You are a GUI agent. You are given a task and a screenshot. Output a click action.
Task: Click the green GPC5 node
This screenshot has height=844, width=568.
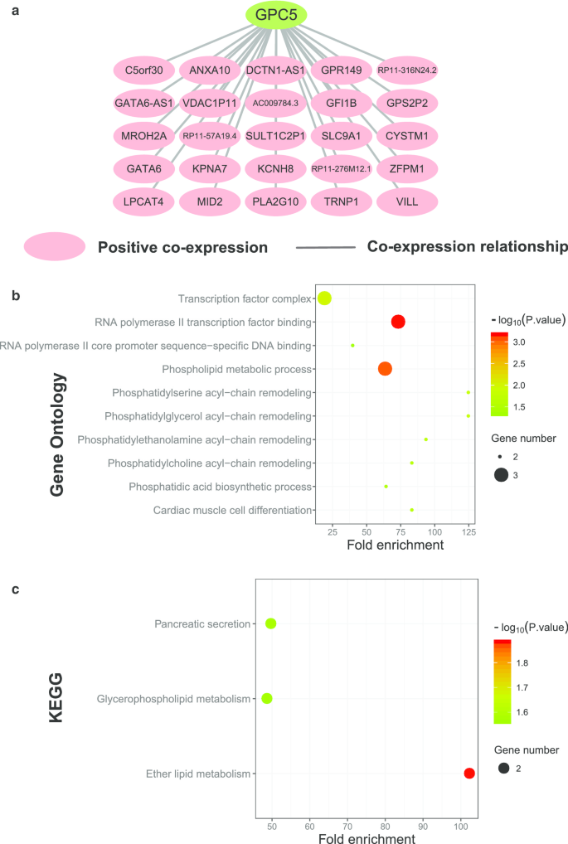coord(276,14)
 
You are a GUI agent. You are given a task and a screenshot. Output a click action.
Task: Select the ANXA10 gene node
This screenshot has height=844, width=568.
coord(209,70)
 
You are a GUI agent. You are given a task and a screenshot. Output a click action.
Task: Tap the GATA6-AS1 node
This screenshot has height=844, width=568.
coord(143,103)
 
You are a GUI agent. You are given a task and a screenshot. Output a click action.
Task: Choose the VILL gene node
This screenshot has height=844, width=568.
coord(406,201)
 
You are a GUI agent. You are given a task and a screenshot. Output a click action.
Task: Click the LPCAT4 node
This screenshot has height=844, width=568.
coord(143,201)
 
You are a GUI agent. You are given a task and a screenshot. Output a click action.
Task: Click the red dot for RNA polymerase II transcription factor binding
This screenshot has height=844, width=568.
coord(398,322)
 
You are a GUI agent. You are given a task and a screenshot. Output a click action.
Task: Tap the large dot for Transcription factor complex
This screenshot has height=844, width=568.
coord(324,298)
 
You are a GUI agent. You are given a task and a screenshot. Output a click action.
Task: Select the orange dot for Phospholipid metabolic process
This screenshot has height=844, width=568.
coord(385,369)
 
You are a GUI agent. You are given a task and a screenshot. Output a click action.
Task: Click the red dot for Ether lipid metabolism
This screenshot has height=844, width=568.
coord(469,774)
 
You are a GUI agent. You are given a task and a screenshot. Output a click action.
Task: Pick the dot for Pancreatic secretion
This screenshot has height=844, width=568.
coord(270,623)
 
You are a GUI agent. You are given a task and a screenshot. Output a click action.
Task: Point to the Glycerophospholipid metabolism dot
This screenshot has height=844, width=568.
coord(266,698)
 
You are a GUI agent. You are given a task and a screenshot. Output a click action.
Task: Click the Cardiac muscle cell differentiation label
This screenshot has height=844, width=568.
coord(231,510)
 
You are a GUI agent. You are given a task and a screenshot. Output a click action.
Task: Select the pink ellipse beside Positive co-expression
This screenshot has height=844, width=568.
coord(55,247)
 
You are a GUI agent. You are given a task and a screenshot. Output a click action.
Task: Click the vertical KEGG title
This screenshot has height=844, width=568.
coord(56,699)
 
